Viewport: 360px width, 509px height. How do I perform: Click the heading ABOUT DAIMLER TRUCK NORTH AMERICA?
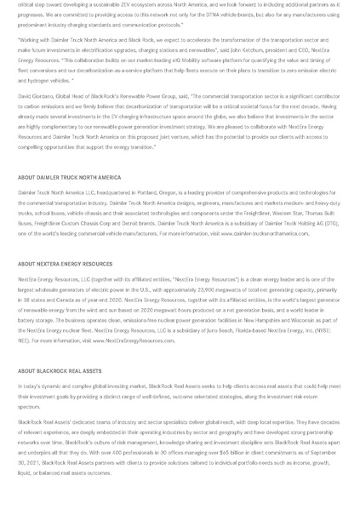pos(69,177)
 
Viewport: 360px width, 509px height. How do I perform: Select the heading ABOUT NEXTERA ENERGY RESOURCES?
pos(65,264)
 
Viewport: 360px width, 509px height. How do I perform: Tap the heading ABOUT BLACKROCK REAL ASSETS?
pos(60,371)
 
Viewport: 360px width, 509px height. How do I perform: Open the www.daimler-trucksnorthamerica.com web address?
pos(270,232)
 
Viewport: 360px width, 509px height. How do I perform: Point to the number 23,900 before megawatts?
pos(195,289)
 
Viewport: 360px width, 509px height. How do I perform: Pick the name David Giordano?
pos(35,97)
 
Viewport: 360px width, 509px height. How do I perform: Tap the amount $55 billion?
pos(255,452)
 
